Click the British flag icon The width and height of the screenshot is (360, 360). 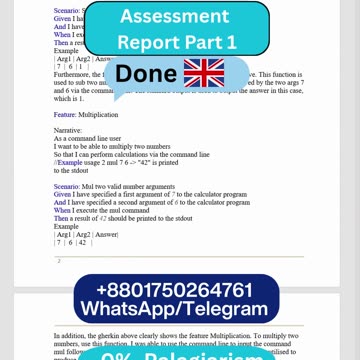[x=203, y=72]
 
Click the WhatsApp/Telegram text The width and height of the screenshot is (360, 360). [x=179, y=309]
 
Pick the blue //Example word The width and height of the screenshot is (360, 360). [x=68, y=161]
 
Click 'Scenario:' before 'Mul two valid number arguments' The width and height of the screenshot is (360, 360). [x=67, y=186]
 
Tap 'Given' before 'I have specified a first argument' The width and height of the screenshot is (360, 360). [x=62, y=194]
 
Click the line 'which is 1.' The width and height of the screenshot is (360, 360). [x=67, y=98]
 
